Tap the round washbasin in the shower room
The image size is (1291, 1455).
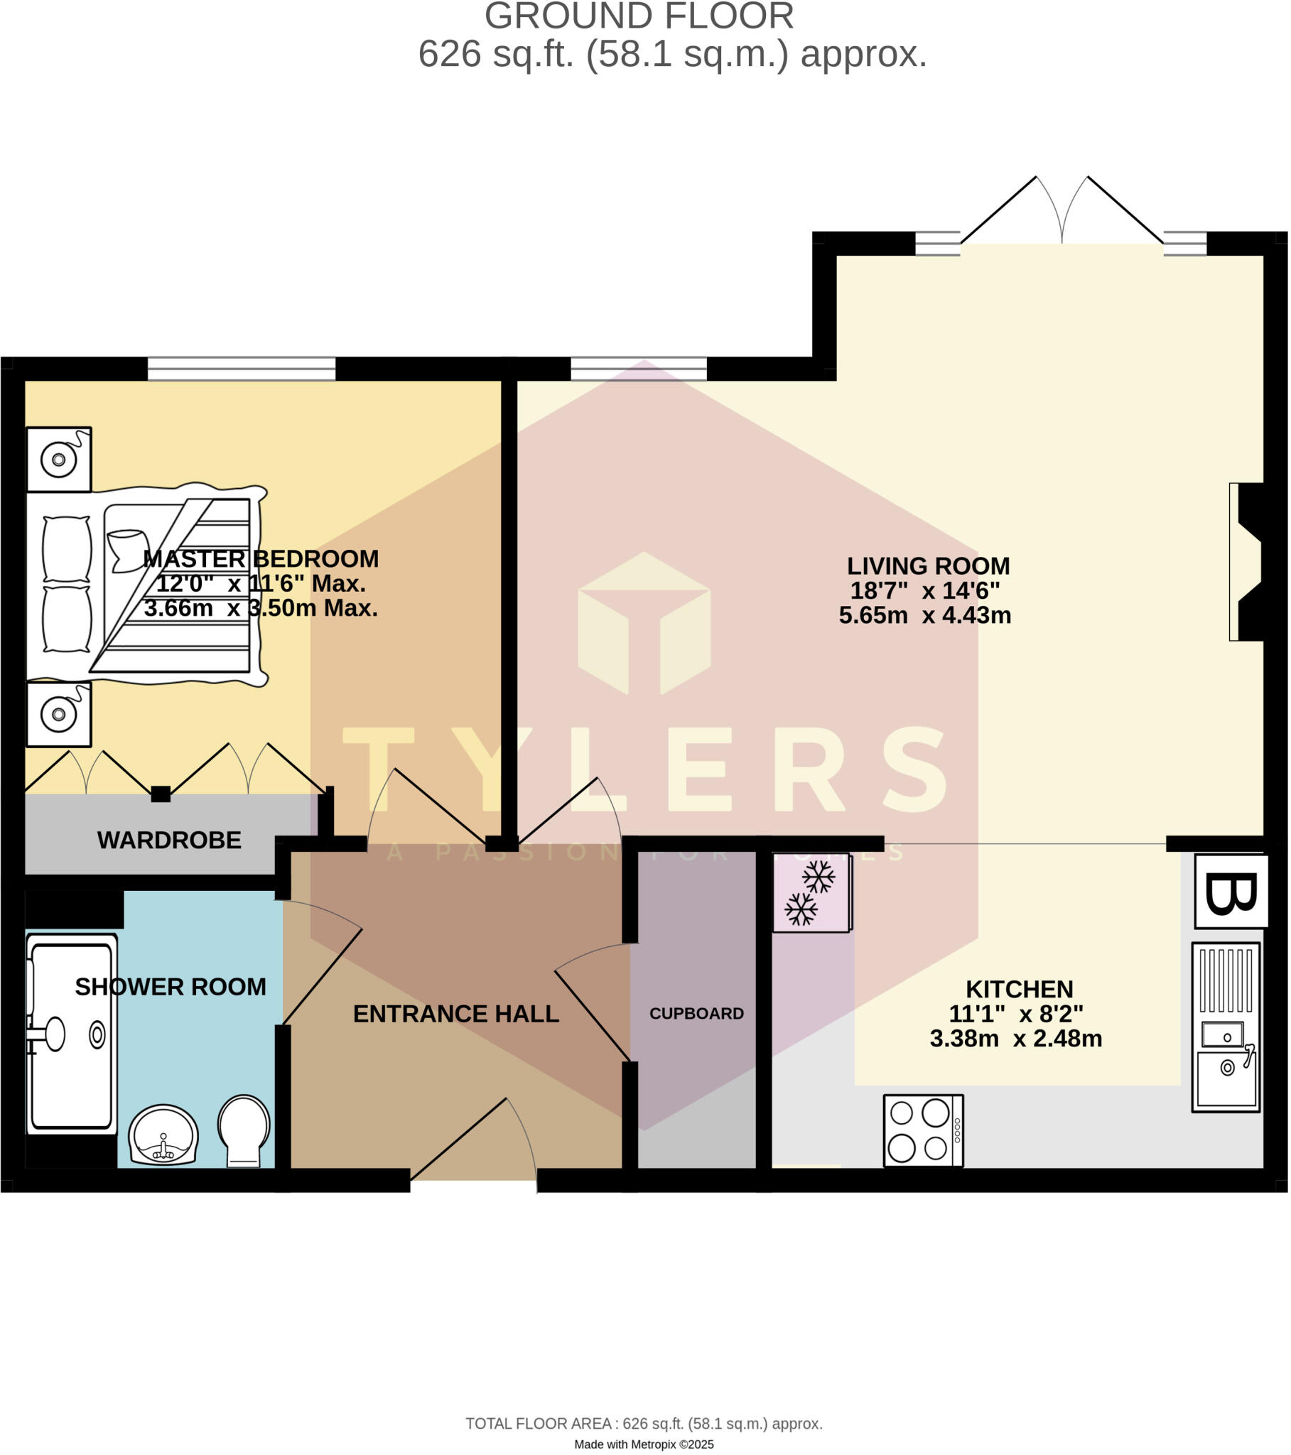pos(163,1134)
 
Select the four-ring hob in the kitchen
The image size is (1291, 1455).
pos(923,1130)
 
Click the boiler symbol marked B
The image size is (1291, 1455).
pos(1231,892)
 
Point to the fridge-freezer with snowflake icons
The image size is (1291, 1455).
pos(811,892)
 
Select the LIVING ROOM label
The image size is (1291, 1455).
pos(928,566)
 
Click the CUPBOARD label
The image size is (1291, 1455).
pos(696,1013)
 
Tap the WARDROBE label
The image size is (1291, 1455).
pos(169,840)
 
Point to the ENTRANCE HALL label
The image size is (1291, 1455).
pos(455,1014)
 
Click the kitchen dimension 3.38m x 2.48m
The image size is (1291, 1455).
pos(1015,1039)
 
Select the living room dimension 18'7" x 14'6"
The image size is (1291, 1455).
pos(924,590)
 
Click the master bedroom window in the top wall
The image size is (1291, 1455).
pos(242,369)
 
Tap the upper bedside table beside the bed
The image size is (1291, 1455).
pos(59,459)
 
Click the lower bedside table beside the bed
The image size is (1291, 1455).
pos(59,714)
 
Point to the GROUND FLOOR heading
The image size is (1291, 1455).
pos(639,16)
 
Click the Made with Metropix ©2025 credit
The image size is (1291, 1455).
pos(644,1444)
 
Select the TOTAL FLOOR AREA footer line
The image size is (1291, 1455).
pos(644,1424)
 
